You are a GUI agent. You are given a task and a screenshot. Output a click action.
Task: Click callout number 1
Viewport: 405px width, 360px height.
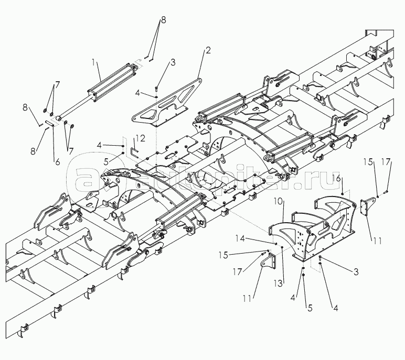pyautogui.click(x=94, y=62)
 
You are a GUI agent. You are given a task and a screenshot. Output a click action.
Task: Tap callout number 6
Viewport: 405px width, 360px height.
pyautogui.click(x=57, y=162)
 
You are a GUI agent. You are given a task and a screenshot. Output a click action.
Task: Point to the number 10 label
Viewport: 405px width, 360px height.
pyautogui.click(x=278, y=201)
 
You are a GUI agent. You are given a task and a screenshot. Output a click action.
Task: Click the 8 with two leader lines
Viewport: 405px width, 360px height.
pyautogui.click(x=163, y=19)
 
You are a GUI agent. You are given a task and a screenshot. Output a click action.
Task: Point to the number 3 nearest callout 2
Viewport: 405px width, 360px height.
pyautogui.click(x=173, y=63)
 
